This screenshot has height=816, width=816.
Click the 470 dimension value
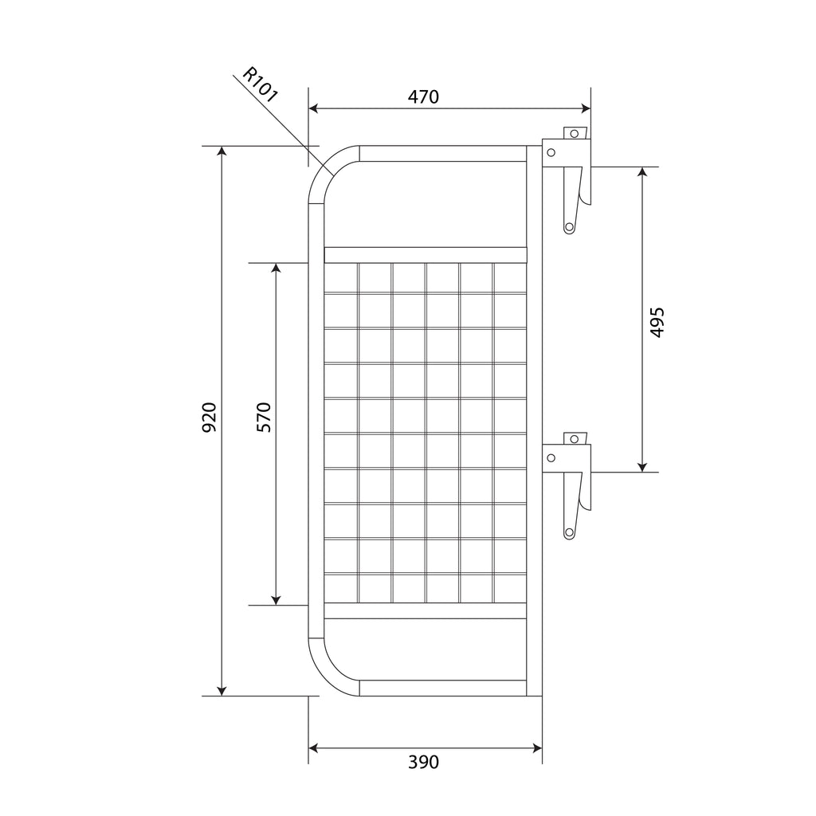pos(423,97)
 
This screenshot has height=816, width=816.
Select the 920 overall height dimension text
pos(209,418)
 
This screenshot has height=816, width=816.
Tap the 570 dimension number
pos(264,418)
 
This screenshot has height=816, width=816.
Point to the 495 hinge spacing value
pos(657,322)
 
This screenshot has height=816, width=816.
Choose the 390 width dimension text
pos(423,763)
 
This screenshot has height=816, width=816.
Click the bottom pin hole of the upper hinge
pos(569,227)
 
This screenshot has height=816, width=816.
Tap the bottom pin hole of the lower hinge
pos(569,532)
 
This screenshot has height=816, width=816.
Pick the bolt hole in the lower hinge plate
pos(551,457)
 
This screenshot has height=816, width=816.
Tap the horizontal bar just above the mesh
pos(426,255)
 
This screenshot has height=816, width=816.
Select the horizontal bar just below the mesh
pos(426,610)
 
